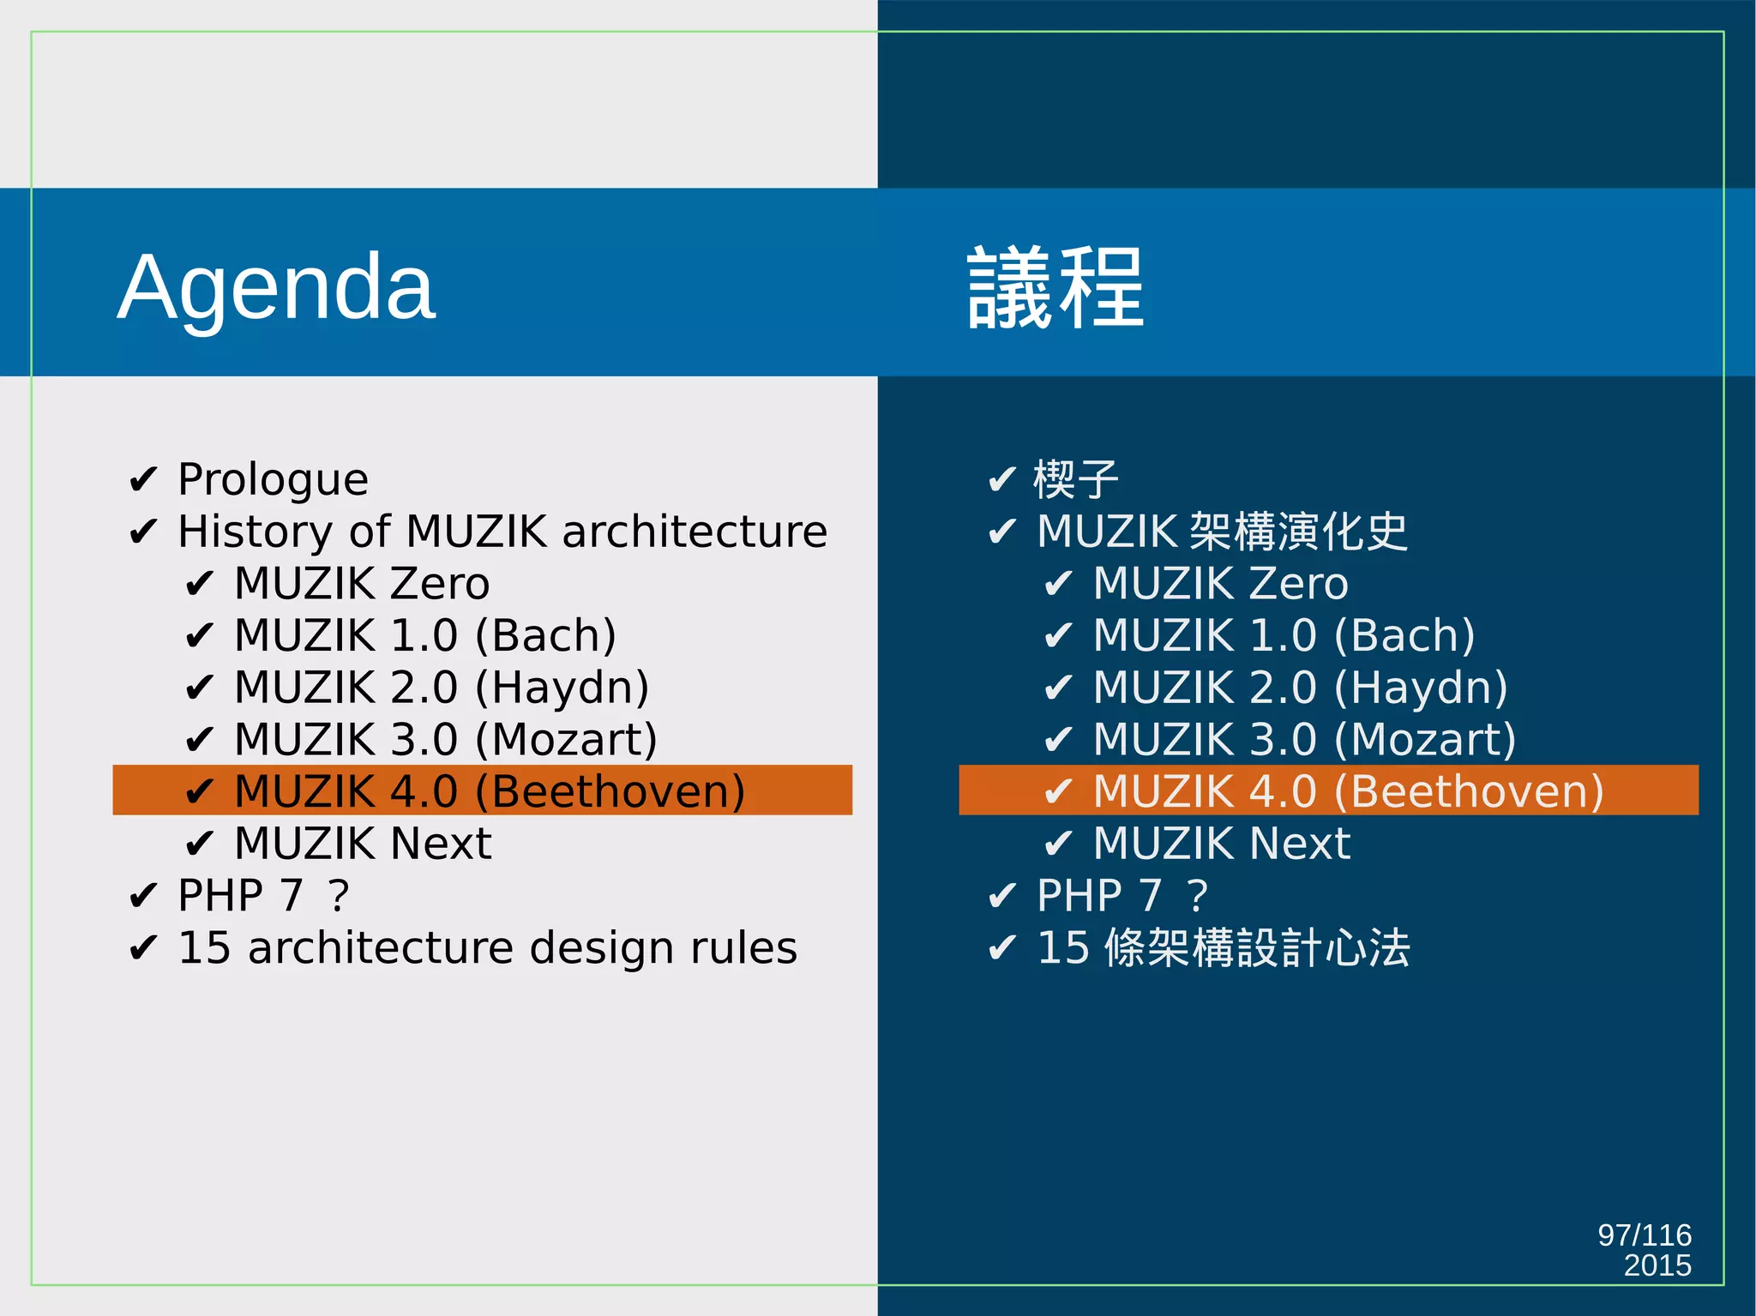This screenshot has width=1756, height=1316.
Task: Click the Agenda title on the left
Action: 276,287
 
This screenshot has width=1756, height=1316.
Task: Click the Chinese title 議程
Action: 1055,287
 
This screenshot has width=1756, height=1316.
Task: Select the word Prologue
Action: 273,479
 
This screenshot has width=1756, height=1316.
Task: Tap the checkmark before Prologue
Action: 142,480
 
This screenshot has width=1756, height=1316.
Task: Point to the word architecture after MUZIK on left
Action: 695,532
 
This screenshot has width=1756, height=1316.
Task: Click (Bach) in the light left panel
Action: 545,636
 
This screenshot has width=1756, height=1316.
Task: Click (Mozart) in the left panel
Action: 566,740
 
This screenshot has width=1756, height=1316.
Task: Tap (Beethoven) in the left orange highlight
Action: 610,791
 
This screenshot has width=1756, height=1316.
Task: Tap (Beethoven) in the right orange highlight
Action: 1469,791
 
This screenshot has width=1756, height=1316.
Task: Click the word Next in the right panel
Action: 1300,844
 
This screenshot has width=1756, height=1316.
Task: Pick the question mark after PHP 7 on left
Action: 339,896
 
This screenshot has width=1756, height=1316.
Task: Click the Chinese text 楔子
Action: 1075,479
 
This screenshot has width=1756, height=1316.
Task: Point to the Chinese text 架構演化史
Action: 1299,532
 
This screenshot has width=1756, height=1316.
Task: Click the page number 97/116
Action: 1644,1235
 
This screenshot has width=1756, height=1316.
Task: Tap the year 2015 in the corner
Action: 1657,1265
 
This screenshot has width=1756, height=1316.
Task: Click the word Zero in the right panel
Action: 1298,584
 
